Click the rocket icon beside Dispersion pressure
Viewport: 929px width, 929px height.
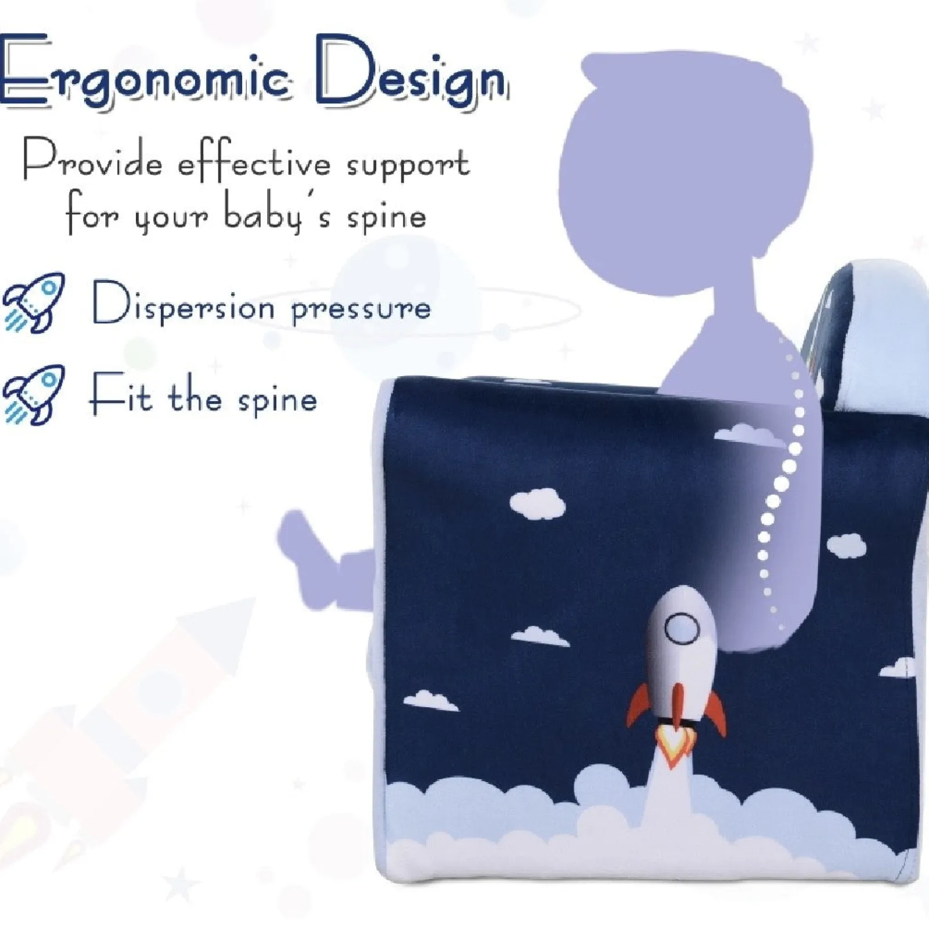34,303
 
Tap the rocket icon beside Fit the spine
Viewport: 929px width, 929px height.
34,395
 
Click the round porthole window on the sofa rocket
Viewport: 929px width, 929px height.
681,629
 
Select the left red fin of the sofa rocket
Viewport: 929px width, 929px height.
639,705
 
